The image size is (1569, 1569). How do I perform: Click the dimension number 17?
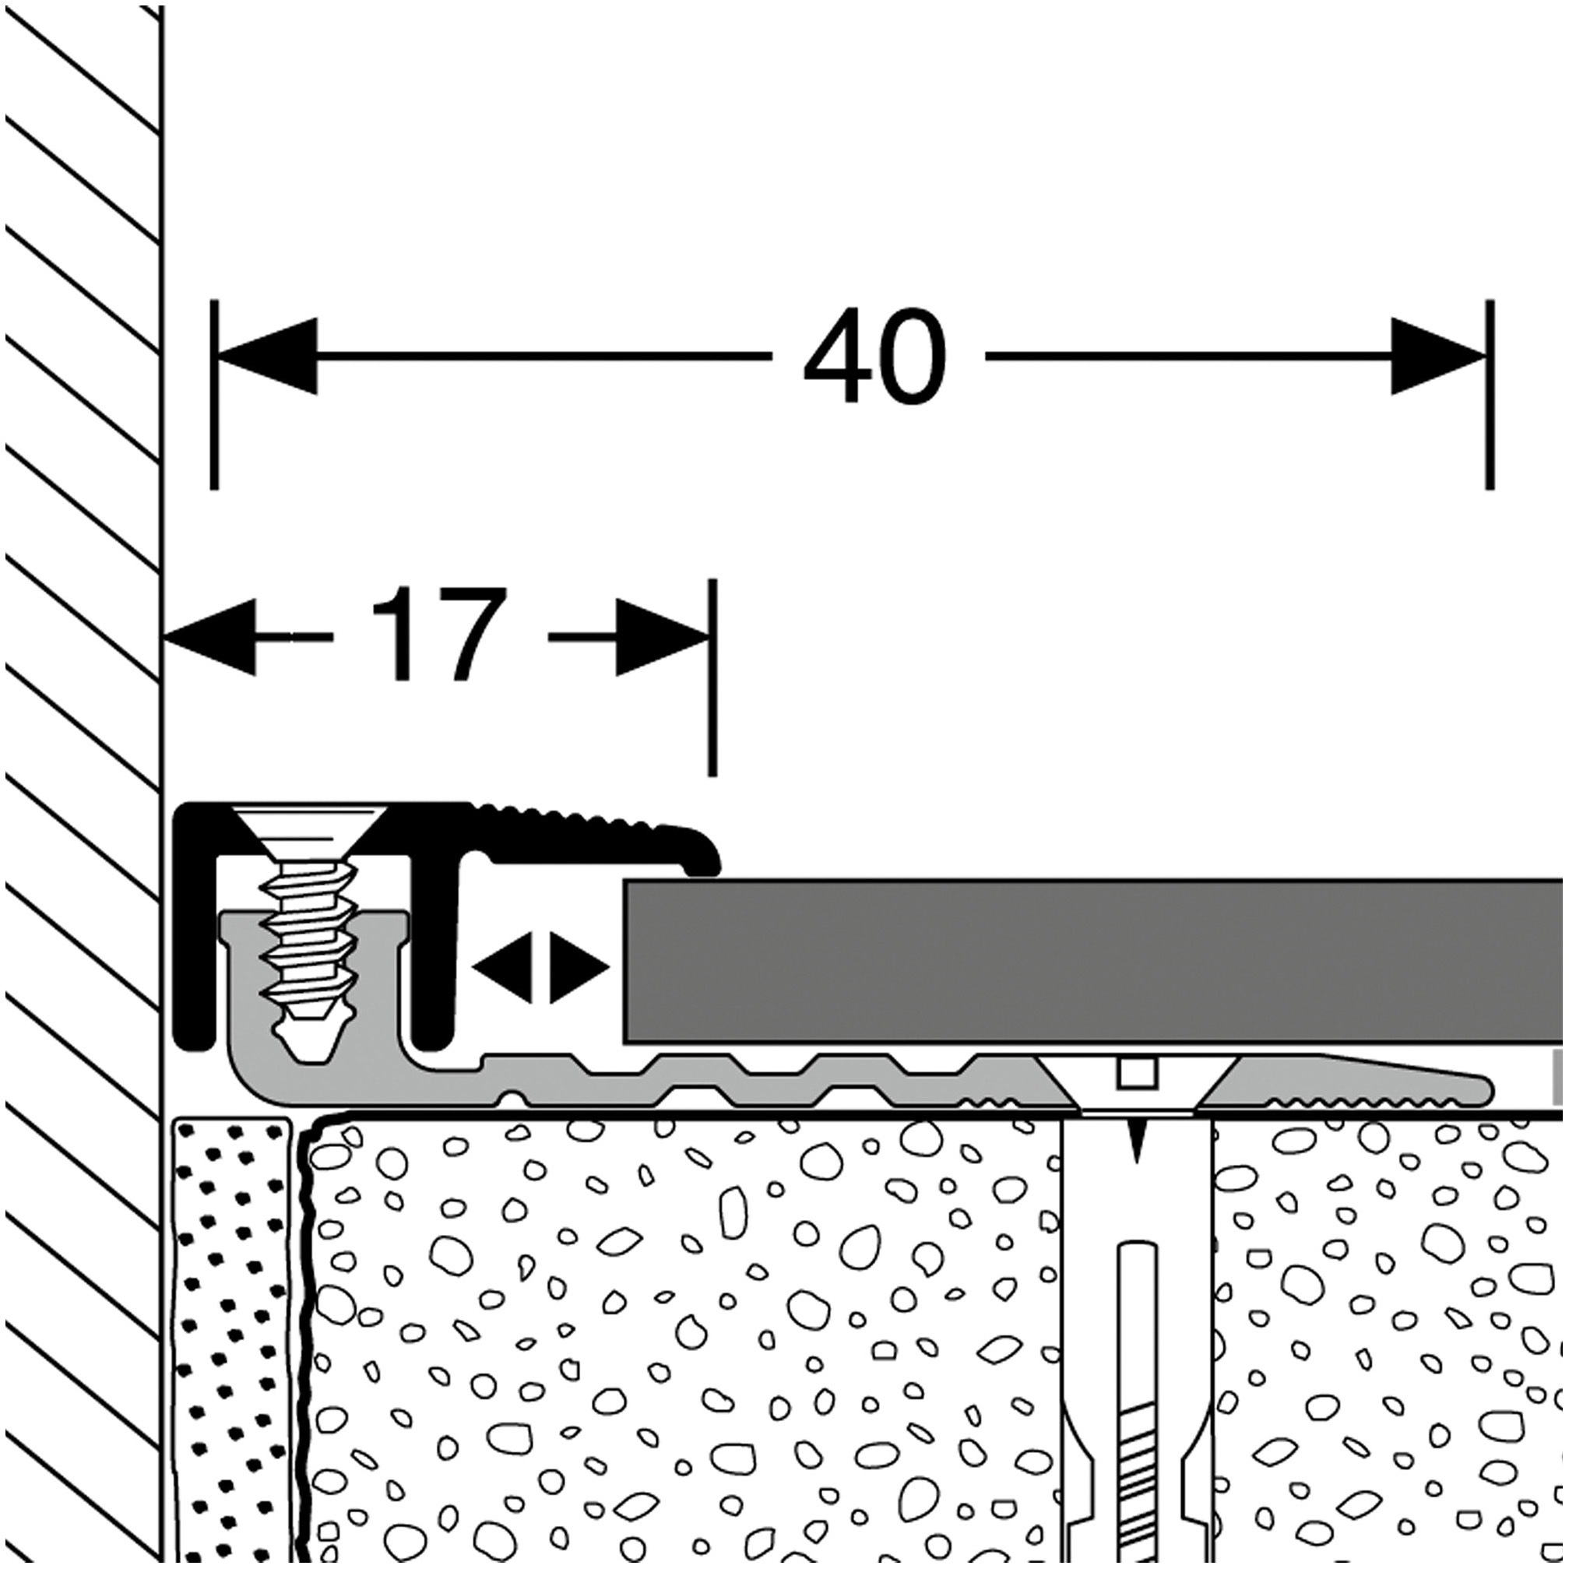click(x=439, y=635)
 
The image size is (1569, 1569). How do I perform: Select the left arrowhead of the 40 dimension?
click(x=268, y=356)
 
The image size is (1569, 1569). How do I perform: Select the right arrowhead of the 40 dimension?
click(x=1437, y=356)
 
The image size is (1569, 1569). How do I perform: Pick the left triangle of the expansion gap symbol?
click(x=502, y=967)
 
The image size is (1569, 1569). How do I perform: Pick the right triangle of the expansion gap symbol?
click(x=579, y=967)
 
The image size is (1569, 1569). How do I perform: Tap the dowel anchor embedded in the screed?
click(x=1137, y=1340)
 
